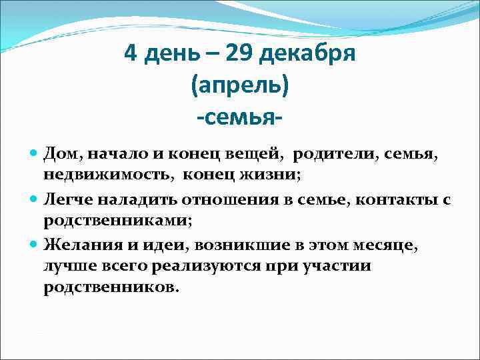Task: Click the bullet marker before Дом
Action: (35, 154)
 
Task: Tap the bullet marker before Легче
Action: (35, 199)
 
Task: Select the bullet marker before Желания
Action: (35, 243)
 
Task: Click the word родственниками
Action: (116, 220)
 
